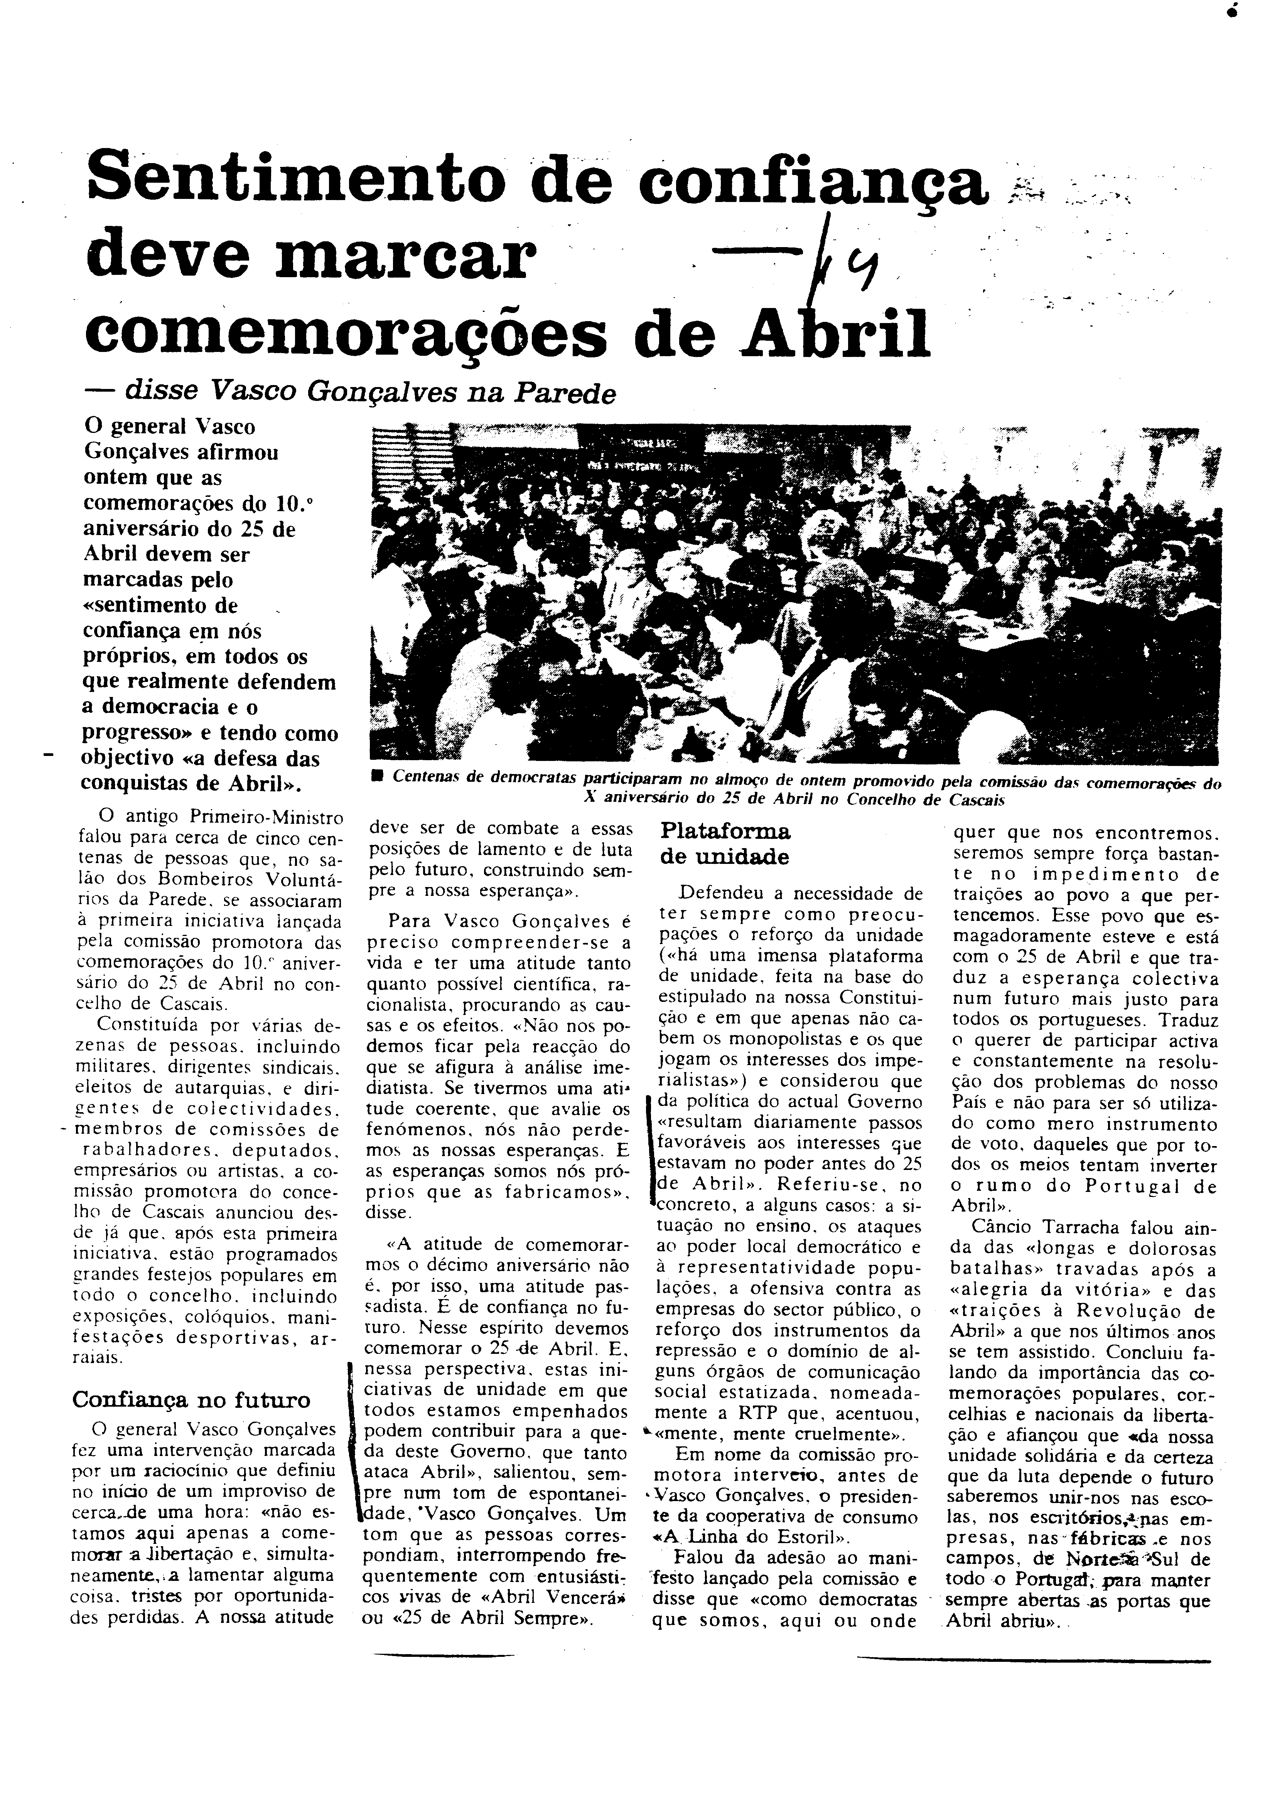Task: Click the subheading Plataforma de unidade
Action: (x=725, y=843)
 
